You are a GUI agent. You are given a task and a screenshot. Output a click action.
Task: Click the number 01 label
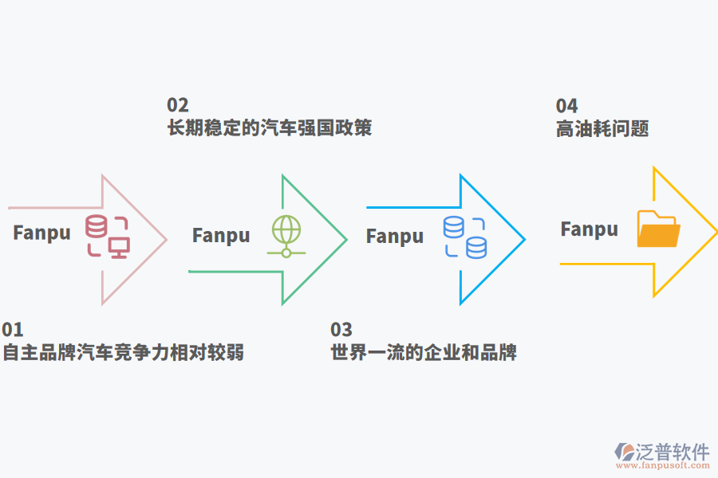(x=13, y=330)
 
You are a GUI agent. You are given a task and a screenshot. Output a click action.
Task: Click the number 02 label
(x=177, y=105)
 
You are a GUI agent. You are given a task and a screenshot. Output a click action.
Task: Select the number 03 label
(x=341, y=330)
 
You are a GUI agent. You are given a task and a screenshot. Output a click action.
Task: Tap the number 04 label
(x=566, y=106)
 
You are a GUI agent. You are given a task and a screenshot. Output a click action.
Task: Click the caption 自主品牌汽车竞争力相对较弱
(x=123, y=352)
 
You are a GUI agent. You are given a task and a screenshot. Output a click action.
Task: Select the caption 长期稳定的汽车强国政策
(x=270, y=127)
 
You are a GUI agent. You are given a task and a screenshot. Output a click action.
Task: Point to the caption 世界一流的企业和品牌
(x=424, y=352)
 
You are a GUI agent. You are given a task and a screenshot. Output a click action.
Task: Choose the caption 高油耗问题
(x=602, y=128)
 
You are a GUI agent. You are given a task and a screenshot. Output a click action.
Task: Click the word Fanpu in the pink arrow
(x=41, y=233)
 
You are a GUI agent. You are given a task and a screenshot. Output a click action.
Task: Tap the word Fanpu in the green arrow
(x=221, y=235)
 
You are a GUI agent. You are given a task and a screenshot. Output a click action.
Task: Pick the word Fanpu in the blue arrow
(x=395, y=236)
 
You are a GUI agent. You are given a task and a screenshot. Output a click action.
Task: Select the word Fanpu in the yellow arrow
(x=590, y=229)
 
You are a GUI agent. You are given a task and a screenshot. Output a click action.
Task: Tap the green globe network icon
(x=286, y=236)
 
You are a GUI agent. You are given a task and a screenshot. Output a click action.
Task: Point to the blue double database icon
(x=465, y=237)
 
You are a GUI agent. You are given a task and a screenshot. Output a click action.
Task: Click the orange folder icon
(x=658, y=229)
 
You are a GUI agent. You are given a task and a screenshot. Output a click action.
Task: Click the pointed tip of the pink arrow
(x=166, y=239)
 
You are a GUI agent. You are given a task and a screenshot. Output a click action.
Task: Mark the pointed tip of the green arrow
(x=345, y=239)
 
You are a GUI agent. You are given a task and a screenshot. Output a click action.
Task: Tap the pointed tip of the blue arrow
(x=524, y=239)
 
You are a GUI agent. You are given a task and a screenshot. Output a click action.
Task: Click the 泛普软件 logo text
(x=672, y=453)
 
